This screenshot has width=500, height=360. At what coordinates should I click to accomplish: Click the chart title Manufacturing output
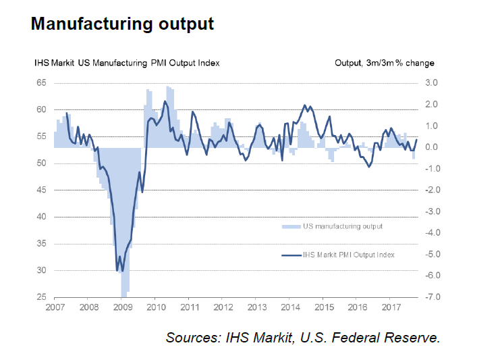(x=122, y=24)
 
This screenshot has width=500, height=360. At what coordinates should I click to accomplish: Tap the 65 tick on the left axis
(x=40, y=82)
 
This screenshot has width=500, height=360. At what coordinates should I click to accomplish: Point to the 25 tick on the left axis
(x=40, y=297)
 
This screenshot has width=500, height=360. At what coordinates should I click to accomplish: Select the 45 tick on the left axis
(x=40, y=190)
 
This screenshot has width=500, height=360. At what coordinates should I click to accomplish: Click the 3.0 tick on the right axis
(x=431, y=82)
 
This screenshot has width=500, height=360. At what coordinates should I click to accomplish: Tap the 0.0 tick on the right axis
(x=431, y=147)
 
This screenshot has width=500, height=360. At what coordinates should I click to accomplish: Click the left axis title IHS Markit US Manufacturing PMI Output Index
(x=127, y=63)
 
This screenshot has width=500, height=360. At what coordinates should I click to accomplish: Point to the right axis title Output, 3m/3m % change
(x=385, y=63)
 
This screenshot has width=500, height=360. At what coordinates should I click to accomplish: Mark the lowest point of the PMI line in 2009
(x=122, y=271)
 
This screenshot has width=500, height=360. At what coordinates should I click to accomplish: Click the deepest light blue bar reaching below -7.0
(x=123, y=294)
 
